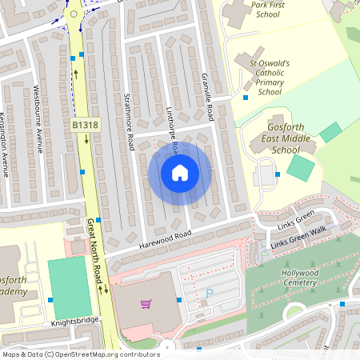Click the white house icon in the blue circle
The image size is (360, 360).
click(x=180, y=173)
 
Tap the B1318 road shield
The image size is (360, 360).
click(x=86, y=125)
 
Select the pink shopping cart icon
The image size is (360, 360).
click(x=146, y=304)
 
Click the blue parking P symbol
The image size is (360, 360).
click(x=210, y=294)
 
